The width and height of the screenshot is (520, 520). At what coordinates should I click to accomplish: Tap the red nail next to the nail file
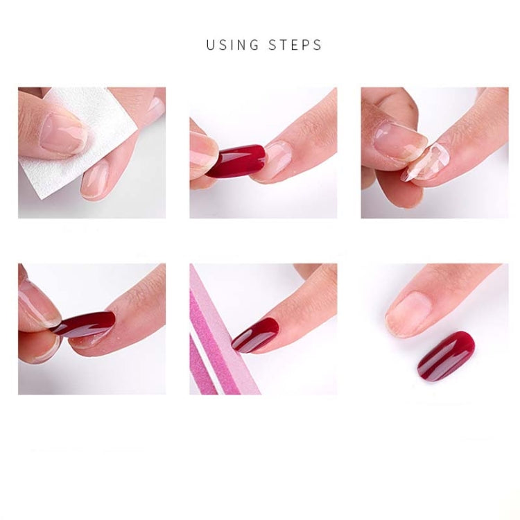[255, 335]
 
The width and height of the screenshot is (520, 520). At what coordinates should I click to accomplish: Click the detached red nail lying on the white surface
[446, 356]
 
